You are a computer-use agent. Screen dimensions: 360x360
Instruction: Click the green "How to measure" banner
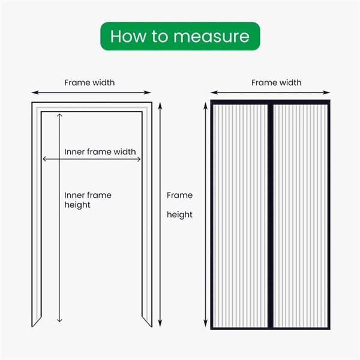(180, 36)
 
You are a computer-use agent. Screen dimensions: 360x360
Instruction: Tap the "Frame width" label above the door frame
(89, 82)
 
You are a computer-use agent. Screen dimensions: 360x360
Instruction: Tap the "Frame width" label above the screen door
(276, 82)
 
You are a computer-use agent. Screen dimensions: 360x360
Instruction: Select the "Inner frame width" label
(100, 152)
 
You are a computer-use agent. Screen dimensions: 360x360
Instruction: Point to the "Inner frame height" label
(88, 200)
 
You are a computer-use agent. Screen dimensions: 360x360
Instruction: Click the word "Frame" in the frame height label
(179, 195)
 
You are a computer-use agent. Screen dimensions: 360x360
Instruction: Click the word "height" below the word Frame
(179, 215)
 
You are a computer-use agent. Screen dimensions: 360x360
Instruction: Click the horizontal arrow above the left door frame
(91, 92)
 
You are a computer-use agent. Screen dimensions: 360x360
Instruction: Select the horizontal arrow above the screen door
(269, 92)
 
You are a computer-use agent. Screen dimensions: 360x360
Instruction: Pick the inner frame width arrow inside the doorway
(91, 159)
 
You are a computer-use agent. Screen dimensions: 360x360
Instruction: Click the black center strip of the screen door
(270, 216)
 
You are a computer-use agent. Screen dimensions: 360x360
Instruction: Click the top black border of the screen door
(270, 102)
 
